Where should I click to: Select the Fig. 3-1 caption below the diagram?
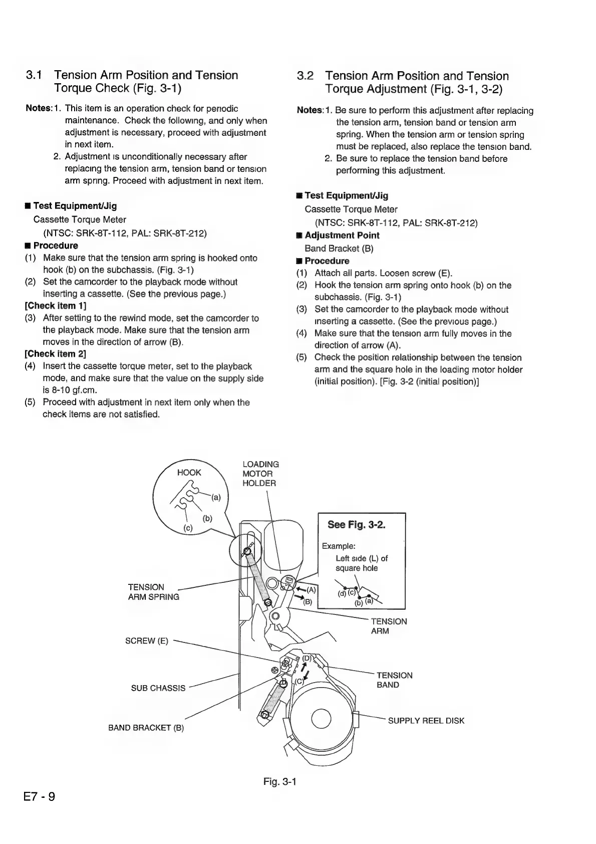280,781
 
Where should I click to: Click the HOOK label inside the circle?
189,473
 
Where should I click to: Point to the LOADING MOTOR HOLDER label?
260,474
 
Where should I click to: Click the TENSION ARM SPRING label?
153,592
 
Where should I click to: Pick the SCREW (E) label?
147,641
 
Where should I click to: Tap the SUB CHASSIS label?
158,688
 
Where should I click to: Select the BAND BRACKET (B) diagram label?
146,728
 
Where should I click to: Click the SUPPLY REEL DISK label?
426,721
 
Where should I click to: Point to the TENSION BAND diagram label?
394,680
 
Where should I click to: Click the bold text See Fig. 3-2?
356,525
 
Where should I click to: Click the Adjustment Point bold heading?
342,236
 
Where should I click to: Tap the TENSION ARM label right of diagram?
389,626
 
